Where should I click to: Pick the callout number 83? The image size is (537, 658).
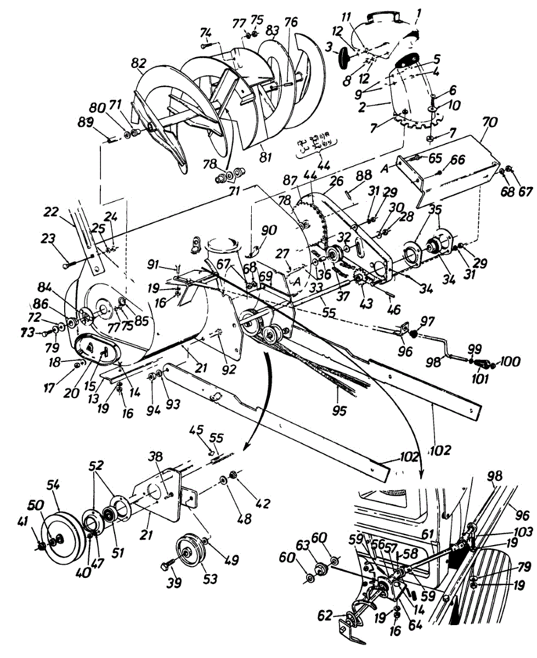pos(270,32)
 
